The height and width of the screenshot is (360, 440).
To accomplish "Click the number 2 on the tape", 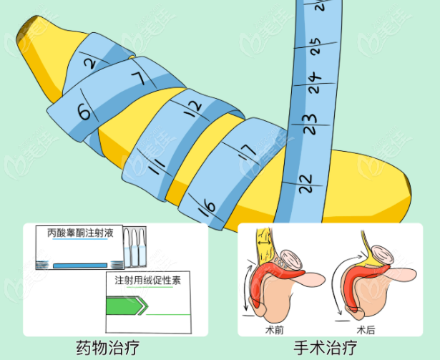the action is (x=90, y=64).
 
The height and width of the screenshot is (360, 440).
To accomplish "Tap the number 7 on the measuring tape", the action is (x=140, y=78).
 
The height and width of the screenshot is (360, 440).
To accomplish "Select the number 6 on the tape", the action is (x=84, y=112).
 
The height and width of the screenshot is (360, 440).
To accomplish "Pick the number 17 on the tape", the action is (x=248, y=152).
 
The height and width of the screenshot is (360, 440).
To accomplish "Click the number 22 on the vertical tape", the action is (x=305, y=184).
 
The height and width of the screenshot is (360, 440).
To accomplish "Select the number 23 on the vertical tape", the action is (x=310, y=124).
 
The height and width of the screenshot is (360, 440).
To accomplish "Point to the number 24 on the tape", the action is (x=315, y=84).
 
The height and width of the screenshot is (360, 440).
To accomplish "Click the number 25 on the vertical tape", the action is (x=316, y=47).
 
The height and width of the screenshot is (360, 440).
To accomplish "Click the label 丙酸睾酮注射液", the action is (x=80, y=233).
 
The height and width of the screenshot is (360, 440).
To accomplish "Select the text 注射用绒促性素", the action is (x=147, y=281).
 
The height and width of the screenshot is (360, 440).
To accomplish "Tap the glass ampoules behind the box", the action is (x=135, y=247).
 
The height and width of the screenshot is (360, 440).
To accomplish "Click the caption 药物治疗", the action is (x=108, y=348).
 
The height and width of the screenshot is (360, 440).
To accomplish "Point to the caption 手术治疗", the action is (x=326, y=348).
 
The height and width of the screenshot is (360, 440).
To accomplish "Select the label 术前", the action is (x=274, y=330).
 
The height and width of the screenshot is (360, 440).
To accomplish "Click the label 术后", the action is (x=366, y=330).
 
